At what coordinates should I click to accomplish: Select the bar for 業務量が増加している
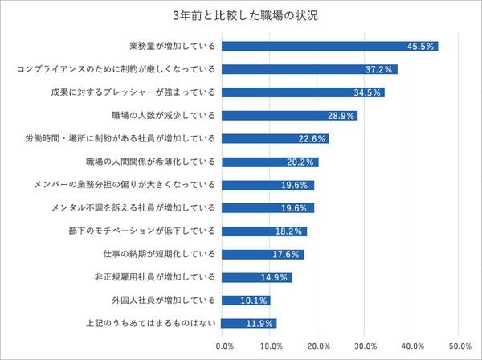pyautogui.click(x=329, y=46)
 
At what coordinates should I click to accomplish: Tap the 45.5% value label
pyautogui.click(x=422, y=46)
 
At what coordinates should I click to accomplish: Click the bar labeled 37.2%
pyautogui.click(x=309, y=69)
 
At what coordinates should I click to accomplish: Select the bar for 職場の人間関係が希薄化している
pyautogui.click(x=270, y=162)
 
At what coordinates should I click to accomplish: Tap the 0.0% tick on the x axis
pyautogui.click(x=225, y=346)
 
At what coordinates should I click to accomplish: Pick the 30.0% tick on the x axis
pyautogui.click(x=365, y=346)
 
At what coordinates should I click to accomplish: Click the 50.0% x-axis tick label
pyautogui.click(x=458, y=346)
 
